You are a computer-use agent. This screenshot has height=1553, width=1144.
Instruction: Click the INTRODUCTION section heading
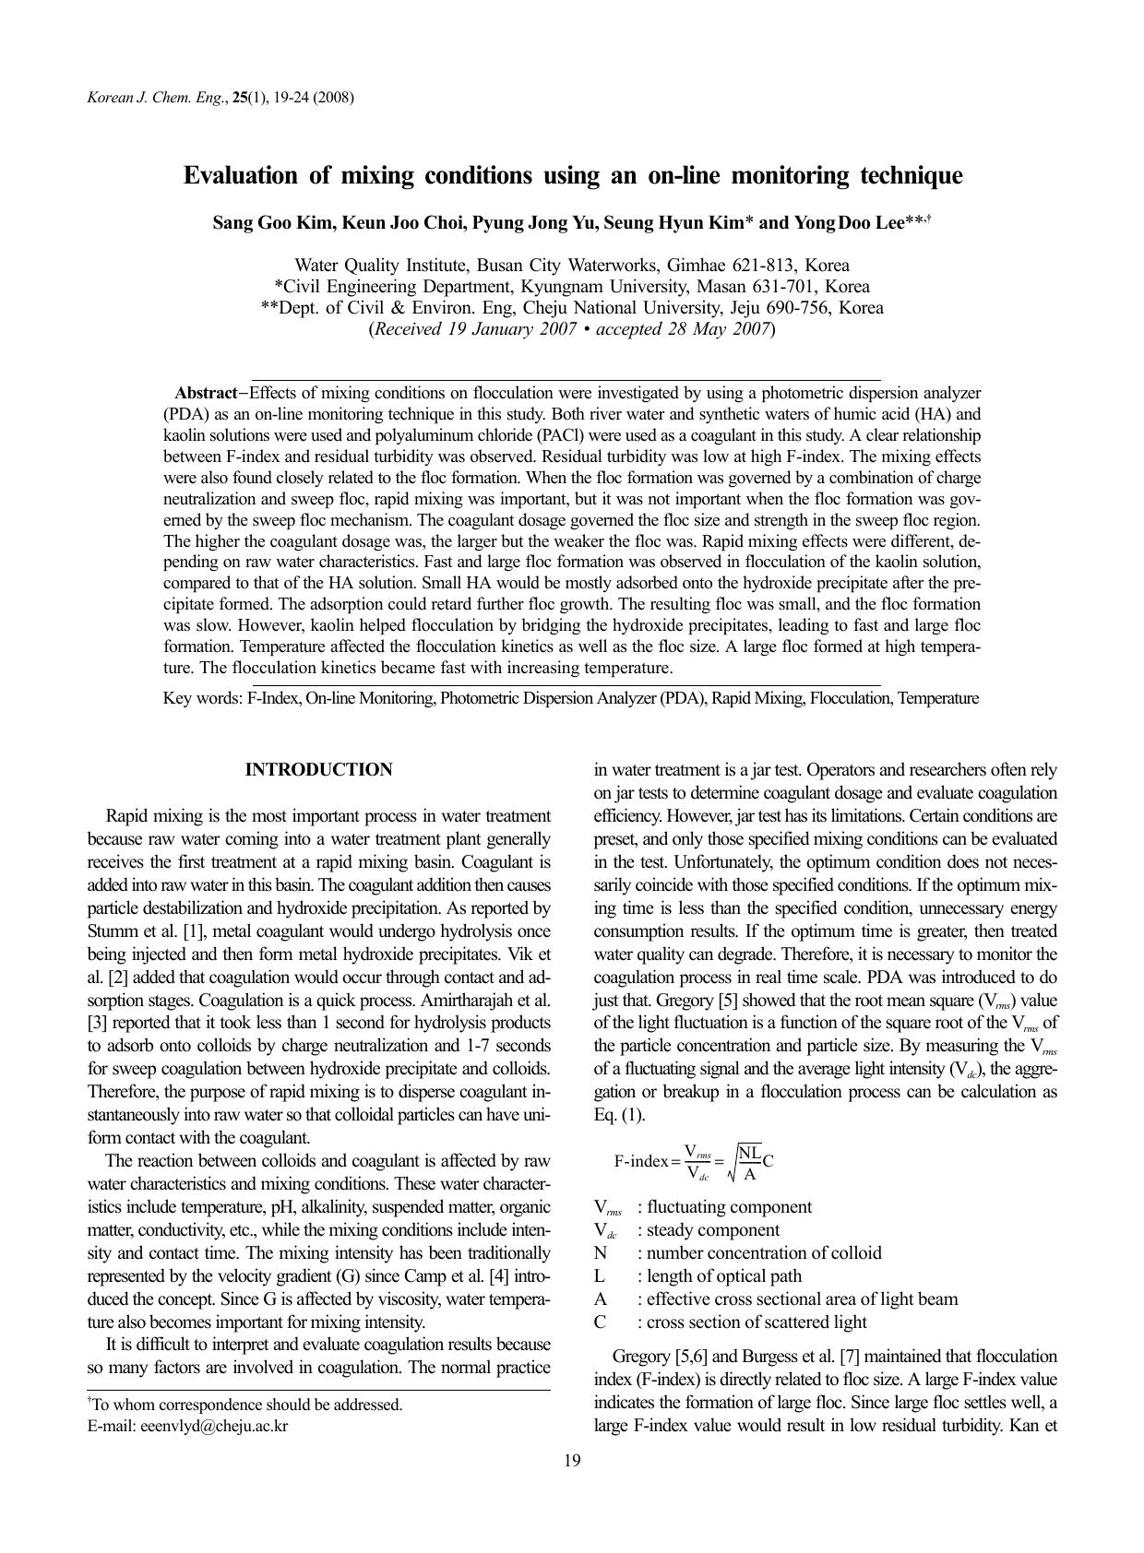tap(318, 770)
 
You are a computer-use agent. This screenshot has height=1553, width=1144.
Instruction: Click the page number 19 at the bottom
tap(572, 1460)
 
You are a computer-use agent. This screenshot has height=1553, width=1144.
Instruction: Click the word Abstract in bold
tap(206, 393)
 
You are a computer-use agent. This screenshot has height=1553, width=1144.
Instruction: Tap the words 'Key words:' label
tap(203, 698)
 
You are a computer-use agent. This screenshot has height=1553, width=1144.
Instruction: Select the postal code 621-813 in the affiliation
tap(707, 266)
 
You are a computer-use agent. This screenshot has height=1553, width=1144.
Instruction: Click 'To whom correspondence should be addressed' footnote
tap(247, 1405)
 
